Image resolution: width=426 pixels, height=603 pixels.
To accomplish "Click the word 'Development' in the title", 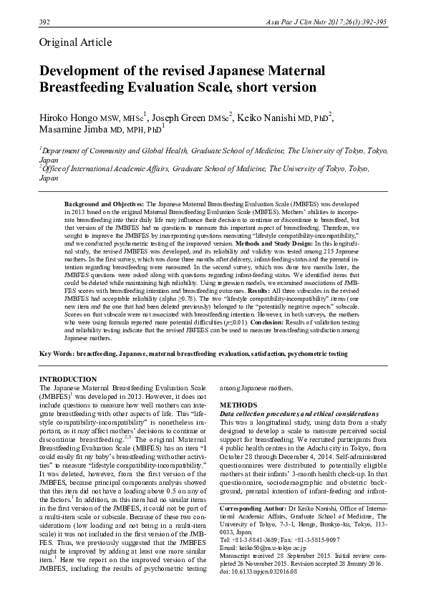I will (x=84, y=72).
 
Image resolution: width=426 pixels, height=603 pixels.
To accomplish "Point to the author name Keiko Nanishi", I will (x=280, y=117).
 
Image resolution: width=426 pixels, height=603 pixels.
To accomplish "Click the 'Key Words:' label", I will (x=57, y=354).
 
